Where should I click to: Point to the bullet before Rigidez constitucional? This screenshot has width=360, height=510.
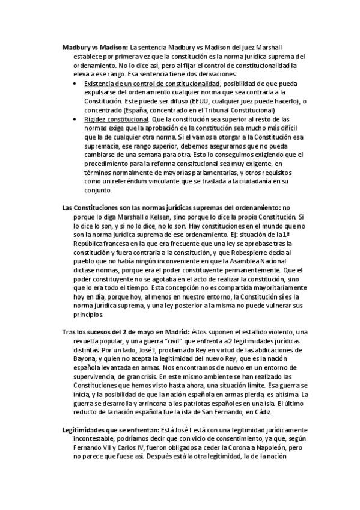click(x=74, y=119)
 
